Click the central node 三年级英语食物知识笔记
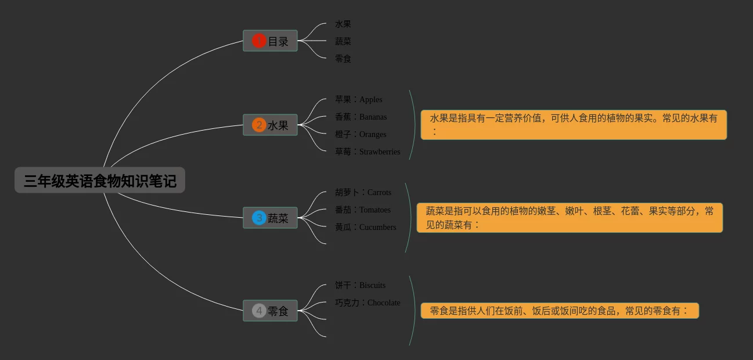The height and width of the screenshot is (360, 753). point(100,181)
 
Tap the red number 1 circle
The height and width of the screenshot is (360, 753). point(259,41)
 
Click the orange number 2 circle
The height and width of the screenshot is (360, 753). point(259,125)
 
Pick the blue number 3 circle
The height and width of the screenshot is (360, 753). point(259,218)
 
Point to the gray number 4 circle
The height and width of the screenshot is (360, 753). point(259,311)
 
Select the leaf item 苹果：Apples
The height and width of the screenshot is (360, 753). point(358,99)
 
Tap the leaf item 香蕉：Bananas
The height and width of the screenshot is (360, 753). point(361,117)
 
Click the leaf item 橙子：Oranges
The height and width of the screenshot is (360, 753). point(361,134)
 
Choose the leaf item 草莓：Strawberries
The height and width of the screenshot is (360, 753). point(368,152)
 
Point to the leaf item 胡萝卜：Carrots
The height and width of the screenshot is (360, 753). point(363,192)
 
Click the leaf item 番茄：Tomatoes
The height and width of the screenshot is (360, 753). point(363,210)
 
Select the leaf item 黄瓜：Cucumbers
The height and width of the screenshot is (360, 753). point(365,227)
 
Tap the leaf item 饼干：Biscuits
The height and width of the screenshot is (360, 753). point(360,285)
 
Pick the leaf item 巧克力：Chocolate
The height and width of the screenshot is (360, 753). point(368,303)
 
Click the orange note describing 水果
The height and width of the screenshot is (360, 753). point(573,125)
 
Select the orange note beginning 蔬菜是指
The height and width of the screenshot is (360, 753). point(570,218)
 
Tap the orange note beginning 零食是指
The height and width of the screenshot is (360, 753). point(559,311)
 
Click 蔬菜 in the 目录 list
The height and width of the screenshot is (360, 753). point(343,41)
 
